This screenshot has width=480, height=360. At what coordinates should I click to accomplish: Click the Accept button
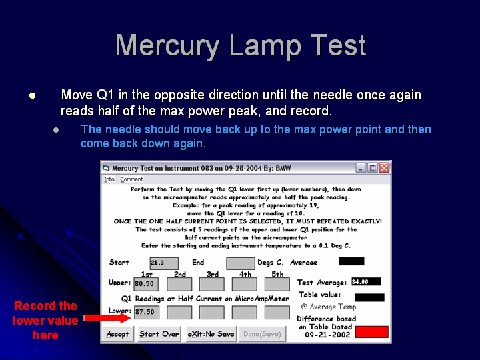point(118,334)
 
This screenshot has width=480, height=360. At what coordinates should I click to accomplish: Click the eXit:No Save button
point(211,334)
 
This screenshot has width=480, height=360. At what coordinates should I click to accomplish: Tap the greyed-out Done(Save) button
point(262,334)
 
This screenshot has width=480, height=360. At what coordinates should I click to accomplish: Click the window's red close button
point(384,168)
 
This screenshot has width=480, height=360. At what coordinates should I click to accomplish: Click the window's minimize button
point(361,168)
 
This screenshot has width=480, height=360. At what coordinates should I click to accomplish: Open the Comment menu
point(131,179)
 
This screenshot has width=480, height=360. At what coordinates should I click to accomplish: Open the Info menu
point(109,179)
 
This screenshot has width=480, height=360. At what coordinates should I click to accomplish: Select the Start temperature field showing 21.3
point(164,263)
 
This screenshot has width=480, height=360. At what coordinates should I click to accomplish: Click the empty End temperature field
point(240,263)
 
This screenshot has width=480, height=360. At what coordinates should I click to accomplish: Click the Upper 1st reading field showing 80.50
point(146,284)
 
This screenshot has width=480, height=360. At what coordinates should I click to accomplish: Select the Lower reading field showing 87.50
point(147,312)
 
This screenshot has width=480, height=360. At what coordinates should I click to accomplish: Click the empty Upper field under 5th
point(277,284)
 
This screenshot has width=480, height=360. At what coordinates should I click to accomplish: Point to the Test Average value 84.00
point(366,281)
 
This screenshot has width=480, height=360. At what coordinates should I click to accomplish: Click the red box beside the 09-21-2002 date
point(371,332)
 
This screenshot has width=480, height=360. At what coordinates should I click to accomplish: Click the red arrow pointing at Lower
point(107,318)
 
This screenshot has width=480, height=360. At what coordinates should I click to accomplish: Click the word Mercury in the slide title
point(167,45)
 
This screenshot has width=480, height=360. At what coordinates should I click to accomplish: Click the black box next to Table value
point(369,297)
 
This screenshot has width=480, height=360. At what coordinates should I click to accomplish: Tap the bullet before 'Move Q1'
point(33,96)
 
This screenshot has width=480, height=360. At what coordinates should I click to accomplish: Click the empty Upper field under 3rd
point(211,284)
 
